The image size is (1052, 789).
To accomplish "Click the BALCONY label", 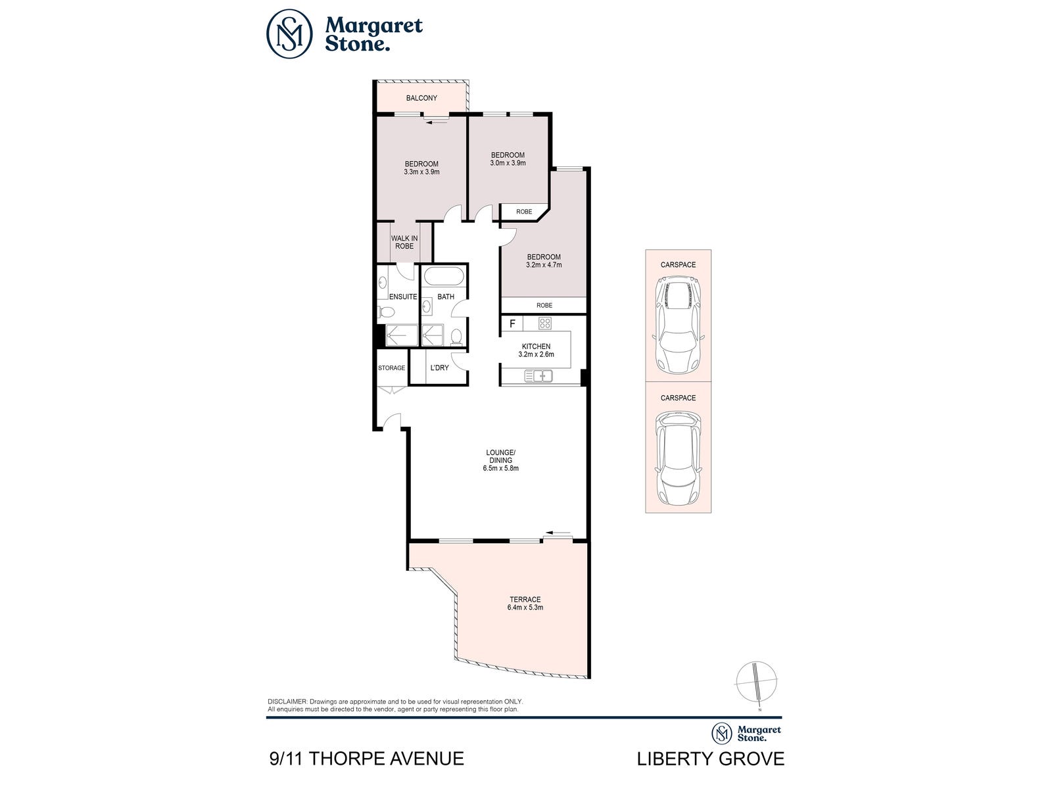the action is [421, 98].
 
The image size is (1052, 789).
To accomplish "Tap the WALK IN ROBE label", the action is [404, 242].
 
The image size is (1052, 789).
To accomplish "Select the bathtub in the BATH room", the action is [444, 277].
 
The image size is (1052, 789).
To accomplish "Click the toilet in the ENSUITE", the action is [385, 312].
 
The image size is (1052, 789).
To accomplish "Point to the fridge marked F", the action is [512, 323].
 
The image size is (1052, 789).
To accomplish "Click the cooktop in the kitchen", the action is [545, 323].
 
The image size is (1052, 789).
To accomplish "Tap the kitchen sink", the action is [538, 376].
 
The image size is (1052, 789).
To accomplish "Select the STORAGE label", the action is [392, 368].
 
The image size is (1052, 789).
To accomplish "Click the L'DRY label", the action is [439, 368].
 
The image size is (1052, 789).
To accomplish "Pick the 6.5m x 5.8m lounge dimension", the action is [501, 468].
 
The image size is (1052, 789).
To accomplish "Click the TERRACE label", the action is [525, 599].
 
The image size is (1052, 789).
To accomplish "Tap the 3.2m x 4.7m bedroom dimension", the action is [544, 264].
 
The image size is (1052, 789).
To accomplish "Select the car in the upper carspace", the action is [678, 325].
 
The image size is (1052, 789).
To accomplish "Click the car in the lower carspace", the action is [678, 458].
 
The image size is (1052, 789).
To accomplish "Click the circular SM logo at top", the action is [289, 34].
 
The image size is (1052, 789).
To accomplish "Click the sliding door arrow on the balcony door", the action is [436, 123].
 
